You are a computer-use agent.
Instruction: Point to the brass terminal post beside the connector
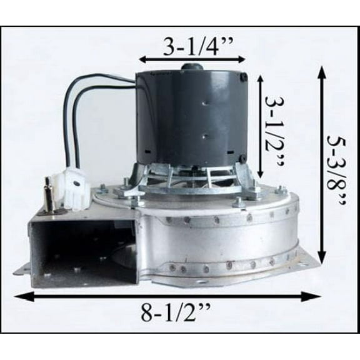coord(47,190)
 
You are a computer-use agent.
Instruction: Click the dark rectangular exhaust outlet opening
coord(81,250)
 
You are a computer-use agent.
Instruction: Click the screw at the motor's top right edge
coord(244,77)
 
